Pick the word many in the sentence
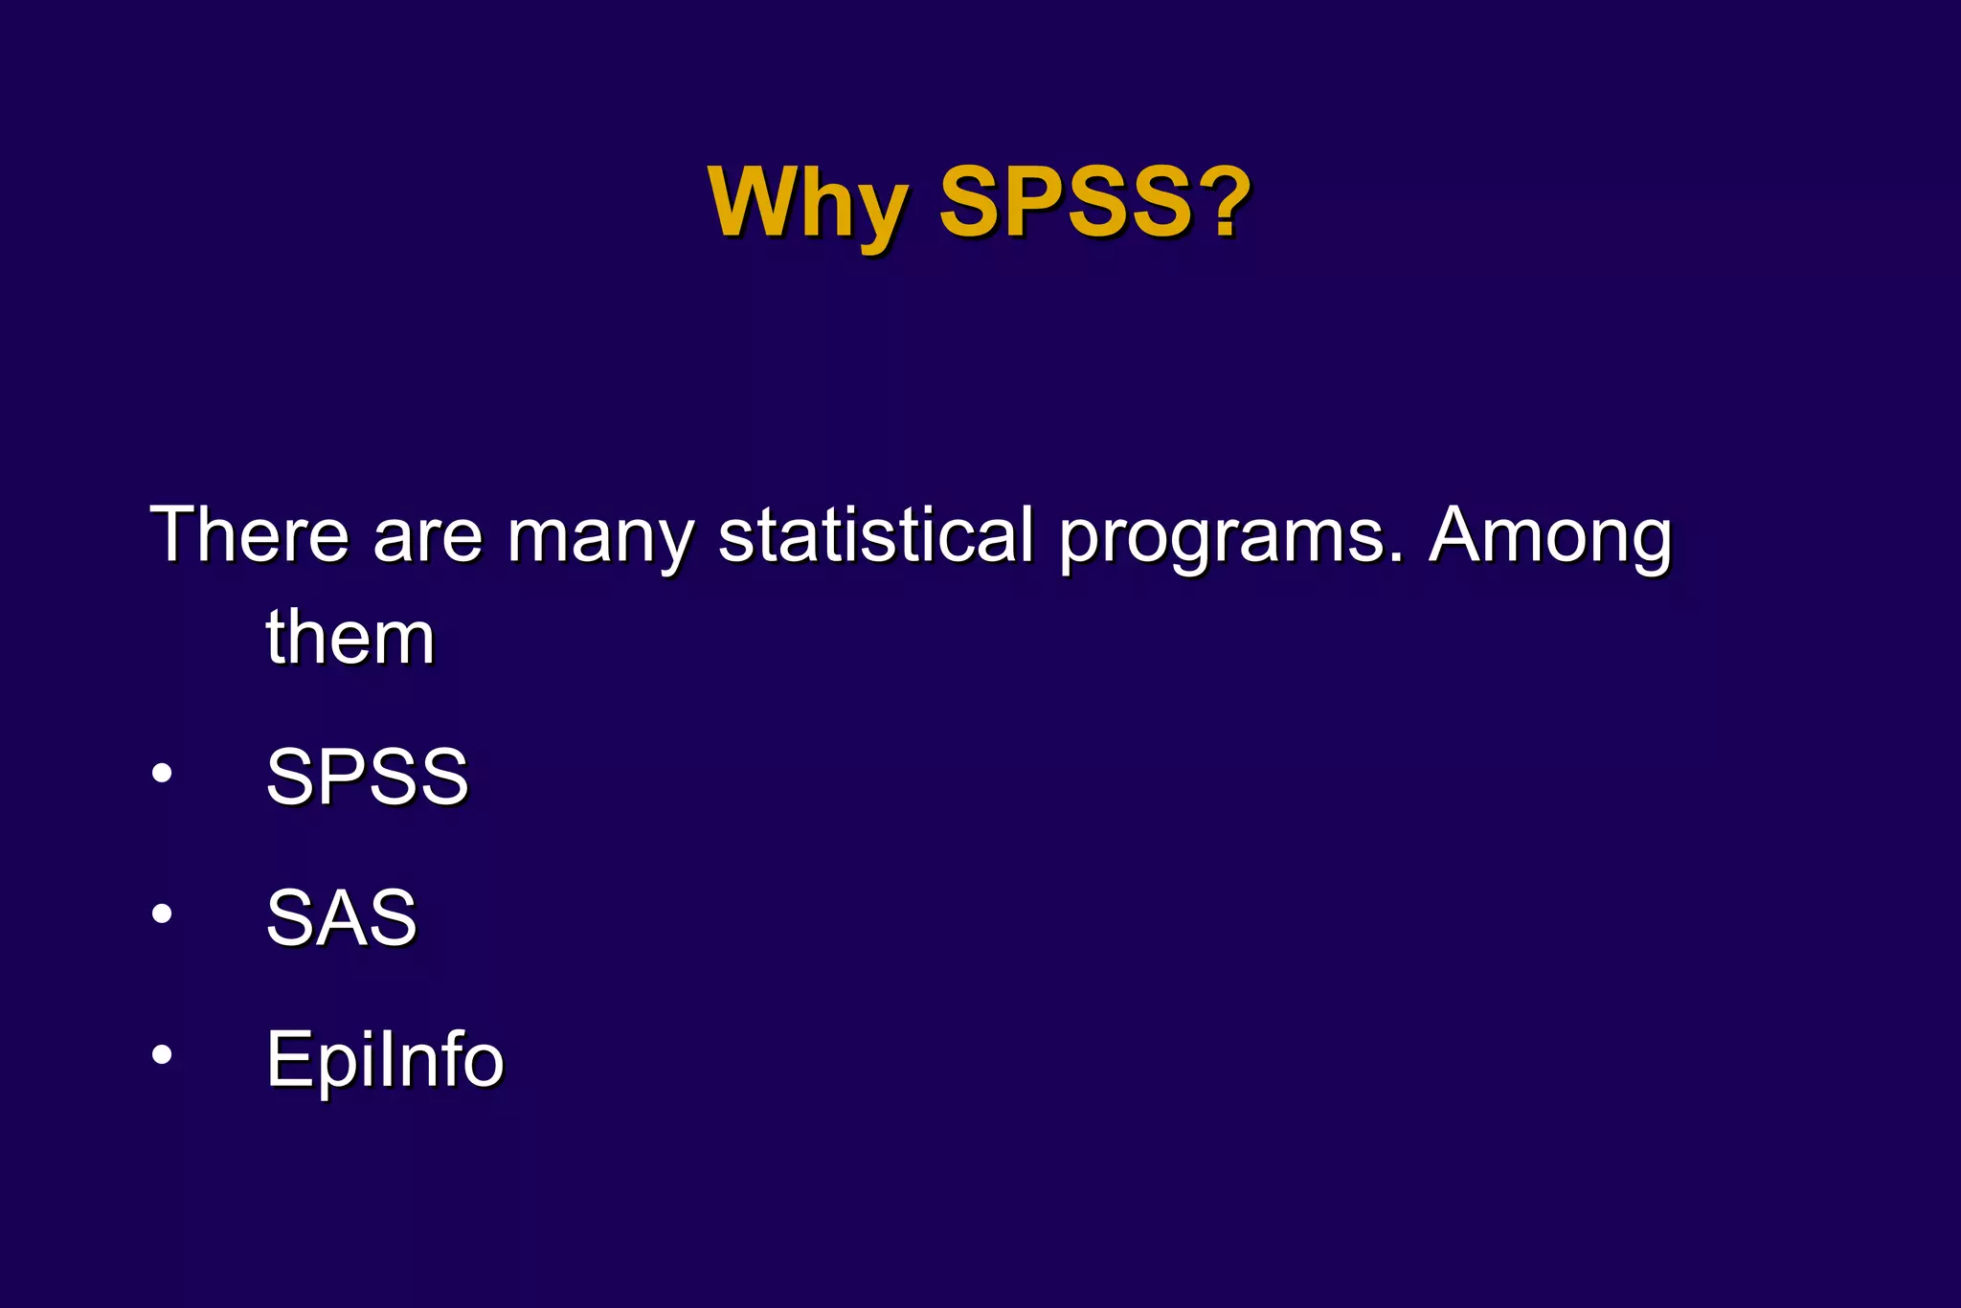point(600,538)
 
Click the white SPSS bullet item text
point(367,776)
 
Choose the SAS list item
point(342,917)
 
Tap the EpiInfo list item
point(385,1060)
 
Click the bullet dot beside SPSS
point(162,773)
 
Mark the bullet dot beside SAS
point(162,913)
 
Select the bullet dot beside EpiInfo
point(162,1054)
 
